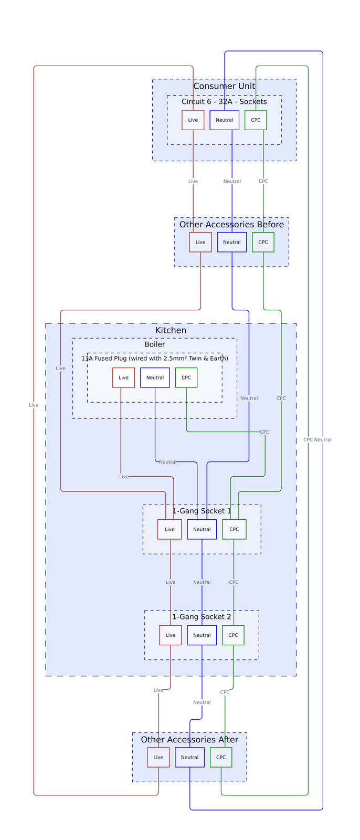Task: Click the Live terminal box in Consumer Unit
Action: (193, 120)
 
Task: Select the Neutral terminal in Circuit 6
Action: (224, 120)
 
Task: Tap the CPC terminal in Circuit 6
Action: (256, 120)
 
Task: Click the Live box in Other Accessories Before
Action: (200, 242)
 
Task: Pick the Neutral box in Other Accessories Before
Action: (231, 242)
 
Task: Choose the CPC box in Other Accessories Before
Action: (263, 242)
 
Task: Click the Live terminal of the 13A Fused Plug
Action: (123, 377)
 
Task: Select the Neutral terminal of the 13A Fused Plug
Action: (155, 377)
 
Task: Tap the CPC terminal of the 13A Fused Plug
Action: (186, 377)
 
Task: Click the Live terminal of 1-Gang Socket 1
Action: (170, 529)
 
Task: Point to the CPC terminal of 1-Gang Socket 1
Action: (234, 529)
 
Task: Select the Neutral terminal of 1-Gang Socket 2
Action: (202, 635)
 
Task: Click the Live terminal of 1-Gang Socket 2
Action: (170, 635)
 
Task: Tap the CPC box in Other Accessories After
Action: (221, 757)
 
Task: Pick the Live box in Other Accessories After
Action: (158, 757)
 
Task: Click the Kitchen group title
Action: (171, 330)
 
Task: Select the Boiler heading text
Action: (154, 344)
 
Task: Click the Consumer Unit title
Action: (224, 86)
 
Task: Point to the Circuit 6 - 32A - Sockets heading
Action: (224, 101)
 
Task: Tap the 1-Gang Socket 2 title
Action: (202, 616)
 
